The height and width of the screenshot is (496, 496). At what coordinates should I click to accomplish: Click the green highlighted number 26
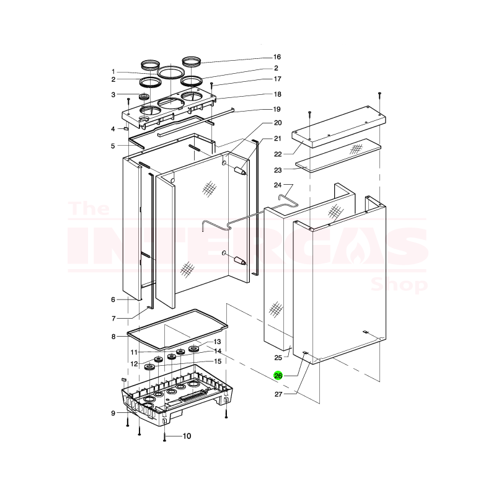click(x=278, y=375)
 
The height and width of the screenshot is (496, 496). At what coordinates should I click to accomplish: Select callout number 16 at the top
click(x=277, y=56)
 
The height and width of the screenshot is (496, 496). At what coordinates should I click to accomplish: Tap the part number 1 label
click(x=113, y=71)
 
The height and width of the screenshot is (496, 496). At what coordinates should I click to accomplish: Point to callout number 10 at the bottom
click(x=187, y=436)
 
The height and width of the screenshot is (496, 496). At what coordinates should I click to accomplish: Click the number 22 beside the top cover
click(x=278, y=154)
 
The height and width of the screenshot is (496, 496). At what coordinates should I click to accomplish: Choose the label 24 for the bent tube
click(x=278, y=185)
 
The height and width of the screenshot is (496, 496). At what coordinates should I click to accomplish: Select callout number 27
click(x=278, y=394)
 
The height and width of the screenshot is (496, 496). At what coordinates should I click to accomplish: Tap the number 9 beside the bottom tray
click(x=113, y=413)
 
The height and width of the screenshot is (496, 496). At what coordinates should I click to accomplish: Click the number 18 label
click(x=277, y=94)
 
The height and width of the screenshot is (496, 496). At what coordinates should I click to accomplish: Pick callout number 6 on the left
click(x=113, y=299)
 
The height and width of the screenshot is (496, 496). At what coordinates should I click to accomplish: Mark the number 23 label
click(x=278, y=170)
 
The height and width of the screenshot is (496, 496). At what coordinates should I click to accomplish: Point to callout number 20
click(x=277, y=123)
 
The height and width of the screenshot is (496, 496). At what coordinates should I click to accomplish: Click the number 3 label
click(x=113, y=95)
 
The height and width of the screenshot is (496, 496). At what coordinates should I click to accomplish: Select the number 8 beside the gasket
click(x=113, y=337)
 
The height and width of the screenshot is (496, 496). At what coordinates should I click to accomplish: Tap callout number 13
click(x=217, y=342)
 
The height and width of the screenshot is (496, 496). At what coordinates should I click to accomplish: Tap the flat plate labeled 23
click(x=338, y=156)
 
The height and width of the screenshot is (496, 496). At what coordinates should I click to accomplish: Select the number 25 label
click(x=278, y=358)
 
